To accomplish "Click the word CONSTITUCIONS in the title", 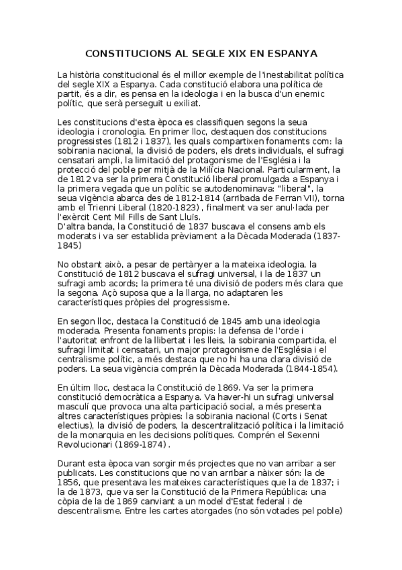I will (x=123, y=53).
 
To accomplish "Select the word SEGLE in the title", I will (x=197, y=53).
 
